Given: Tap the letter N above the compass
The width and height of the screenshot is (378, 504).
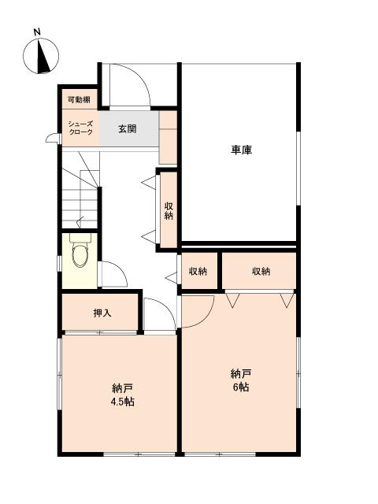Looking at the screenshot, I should pos(37,32).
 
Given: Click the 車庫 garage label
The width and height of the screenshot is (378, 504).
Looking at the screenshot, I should pos(240,150).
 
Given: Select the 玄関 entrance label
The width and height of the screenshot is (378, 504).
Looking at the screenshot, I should pos(128,128).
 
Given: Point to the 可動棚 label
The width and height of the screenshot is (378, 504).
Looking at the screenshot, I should pos(78,100).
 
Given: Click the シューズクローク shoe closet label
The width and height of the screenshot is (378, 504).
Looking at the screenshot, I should pos(80,128).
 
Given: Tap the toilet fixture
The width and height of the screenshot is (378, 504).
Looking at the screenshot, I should pos(80,254).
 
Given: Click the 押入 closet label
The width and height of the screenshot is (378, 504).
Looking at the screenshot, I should pos(102,313).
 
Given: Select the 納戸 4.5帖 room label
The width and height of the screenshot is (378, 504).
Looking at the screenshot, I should pos(122,395).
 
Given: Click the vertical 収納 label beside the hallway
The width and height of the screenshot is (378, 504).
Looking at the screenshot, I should pos(169,210).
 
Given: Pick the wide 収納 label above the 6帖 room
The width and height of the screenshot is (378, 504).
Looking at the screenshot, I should pos(261,272).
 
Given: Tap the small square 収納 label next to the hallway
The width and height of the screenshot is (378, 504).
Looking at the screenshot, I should pos(198,272).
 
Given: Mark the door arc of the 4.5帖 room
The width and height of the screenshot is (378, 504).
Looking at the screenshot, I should pos(159,316).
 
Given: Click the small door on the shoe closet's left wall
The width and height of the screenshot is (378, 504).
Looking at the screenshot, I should pos(52,139).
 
